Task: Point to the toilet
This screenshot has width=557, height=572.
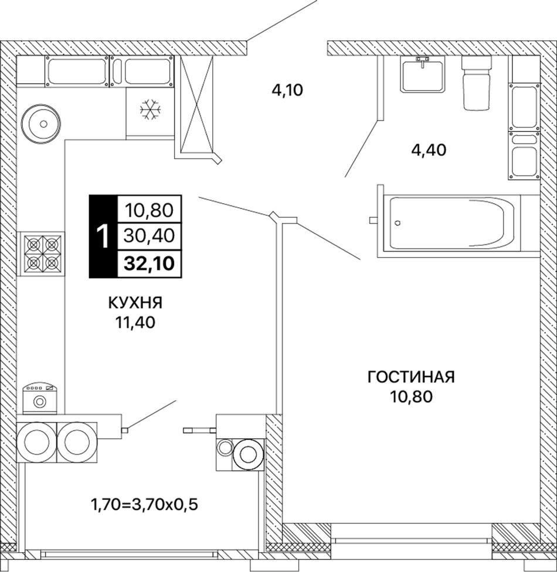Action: pyautogui.click(x=476, y=83)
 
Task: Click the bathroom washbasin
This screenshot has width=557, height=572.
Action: pyautogui.click(x=423, y=74)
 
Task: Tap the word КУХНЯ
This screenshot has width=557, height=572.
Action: pyautogui.click(x=135, y=303)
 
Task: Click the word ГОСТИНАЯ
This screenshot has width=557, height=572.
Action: pyautogui.click(x=411, y=377)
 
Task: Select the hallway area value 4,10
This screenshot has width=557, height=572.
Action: pyautogui.click(x=287, y=90)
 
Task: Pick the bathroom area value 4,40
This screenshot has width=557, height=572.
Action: pyautogui.click(x=429, y=150)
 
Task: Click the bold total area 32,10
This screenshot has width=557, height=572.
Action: pyautogui.click(x=149, y=263)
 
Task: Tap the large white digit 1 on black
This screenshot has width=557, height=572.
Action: pyautogui.click(x=104, y=237)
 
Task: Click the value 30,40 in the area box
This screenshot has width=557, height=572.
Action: pyautogui.click(x=149, y=236)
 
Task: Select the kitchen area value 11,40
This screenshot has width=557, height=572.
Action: pyautogui.click(x=135, y=322)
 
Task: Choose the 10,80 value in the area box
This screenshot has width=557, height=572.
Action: pyautogui.click(x=149, y=211)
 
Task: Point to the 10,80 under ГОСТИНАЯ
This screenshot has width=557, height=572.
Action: pyautogui.click(x=411, y=396)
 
